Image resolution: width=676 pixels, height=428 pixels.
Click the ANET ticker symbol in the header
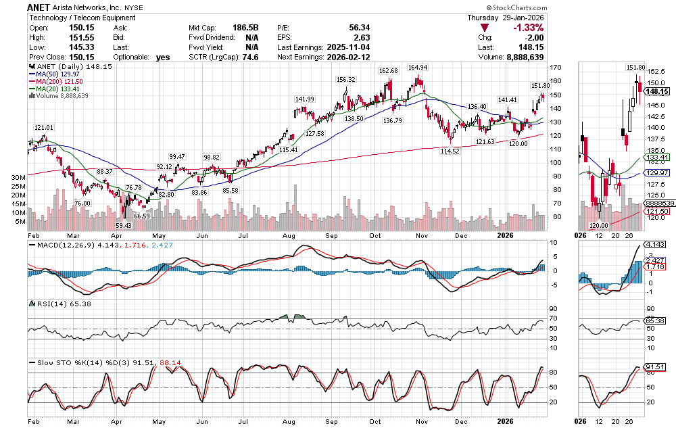pos(43,6)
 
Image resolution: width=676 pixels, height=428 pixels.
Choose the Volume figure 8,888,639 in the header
pos(519,58)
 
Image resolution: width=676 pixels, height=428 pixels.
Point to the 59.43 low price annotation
pos(123,225)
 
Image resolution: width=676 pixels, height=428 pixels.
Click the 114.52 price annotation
pos(449,151)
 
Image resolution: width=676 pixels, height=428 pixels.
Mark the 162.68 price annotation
pos(389,71)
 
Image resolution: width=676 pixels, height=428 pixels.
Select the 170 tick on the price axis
pos(556,68)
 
